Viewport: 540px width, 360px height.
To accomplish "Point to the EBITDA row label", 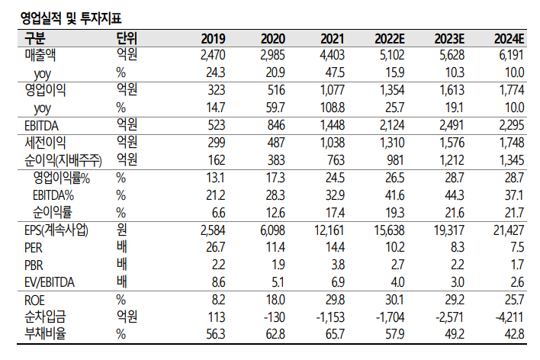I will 43,125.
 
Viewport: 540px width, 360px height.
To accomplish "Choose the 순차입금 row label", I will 46,317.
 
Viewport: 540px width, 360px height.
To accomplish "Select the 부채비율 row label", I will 46,333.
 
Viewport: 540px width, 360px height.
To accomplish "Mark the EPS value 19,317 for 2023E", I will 448,230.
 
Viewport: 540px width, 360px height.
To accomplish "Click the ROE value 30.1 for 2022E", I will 400,300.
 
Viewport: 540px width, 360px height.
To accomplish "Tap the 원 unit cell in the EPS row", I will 120,230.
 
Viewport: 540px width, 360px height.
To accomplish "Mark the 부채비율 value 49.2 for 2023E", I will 456,333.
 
